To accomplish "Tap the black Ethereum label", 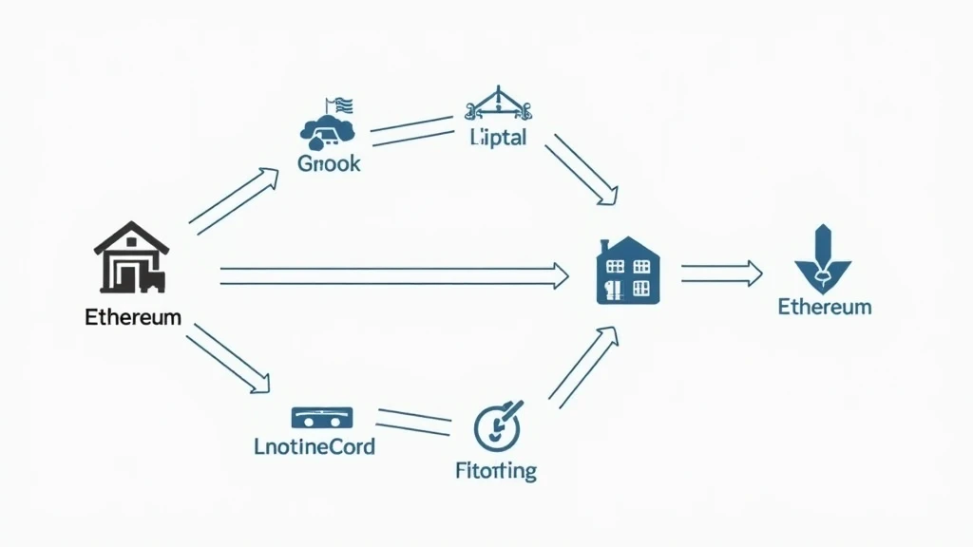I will tap(133, 317).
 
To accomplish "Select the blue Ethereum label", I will tap(825, 307).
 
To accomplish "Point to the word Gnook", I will tap(329, 163).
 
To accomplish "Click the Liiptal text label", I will tap(498, 138).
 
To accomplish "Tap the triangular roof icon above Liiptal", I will tap(496, 104).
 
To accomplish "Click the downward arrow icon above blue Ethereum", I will tap(823, 258).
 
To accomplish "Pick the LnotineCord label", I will tap(315, 445).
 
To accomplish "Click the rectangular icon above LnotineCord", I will tap(321, 416).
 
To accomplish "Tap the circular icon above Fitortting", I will tap(497, 425).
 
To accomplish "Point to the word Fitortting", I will tap(494, 470).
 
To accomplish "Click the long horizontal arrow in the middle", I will tap(393, 276).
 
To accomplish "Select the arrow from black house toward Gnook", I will tap(234, 200).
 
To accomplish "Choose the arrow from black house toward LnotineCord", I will tap(228, 359).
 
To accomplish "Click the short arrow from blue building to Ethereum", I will tap(721, 273).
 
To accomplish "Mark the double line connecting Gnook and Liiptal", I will tap(411, 130).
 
